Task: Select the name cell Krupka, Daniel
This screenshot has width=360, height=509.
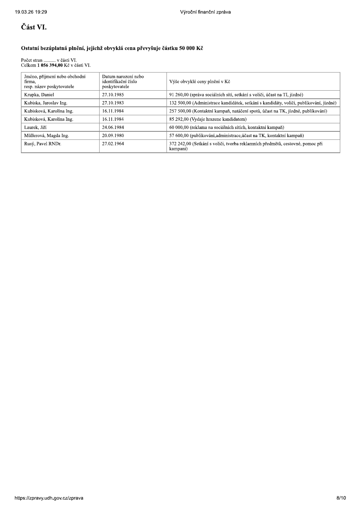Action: pyautogui.click(x=36, y=95)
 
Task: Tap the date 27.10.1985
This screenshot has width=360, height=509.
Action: pyautogui.click(x=113, y=95)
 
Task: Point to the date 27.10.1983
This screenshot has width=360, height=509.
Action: pyautogui.click(x=113, y=103)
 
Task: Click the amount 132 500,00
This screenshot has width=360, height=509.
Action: pyautogui.click(x=180, y=103)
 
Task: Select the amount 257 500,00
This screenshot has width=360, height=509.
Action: pyautogui.click(x=180, y=111)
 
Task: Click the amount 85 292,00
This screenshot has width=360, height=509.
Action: pyautogui.click(x=179, y=119)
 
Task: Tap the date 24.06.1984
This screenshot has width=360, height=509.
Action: pyautogui.click(x=113, y=127)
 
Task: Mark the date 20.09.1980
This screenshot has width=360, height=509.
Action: pyautogui.click(x=113, y=135)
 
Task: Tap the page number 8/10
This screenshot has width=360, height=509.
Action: pyautogui.click(x=341, y=498)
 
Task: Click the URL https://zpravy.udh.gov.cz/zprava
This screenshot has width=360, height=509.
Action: pyautogui.click(x=49, y=498)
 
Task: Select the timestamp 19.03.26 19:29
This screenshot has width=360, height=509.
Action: pyautogui.click(x=31, y=12)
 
